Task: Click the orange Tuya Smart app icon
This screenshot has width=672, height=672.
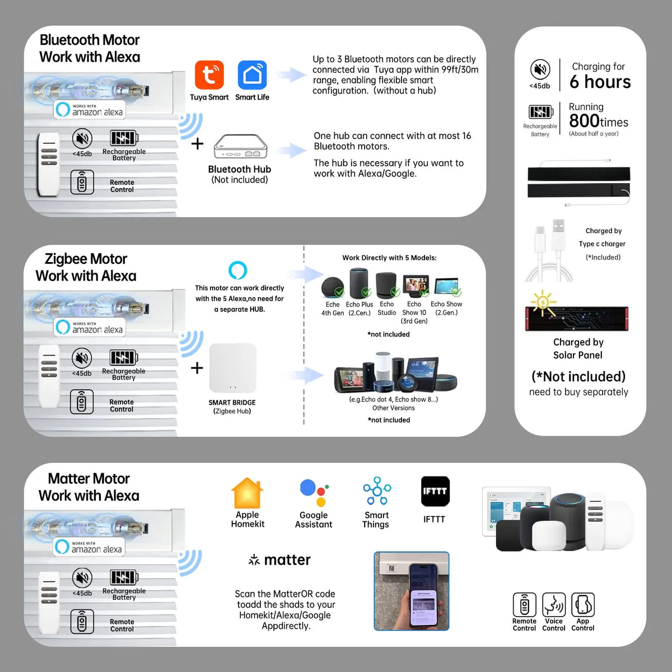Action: (x=209, y=75)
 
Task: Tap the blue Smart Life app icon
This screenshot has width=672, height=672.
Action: (x=252, y=75)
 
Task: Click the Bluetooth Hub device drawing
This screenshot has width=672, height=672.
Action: (x=240, y=147)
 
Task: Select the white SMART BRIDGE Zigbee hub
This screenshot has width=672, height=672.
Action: (x=232, y=368)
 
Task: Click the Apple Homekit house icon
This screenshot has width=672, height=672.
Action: (x=247, y=493)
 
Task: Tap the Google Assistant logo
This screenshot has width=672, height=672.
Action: (x=314, y=493)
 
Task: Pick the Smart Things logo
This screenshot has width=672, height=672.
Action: (x=377, y=492)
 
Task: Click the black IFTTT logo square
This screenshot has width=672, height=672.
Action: (x=435, y=491)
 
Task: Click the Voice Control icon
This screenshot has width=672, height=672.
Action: (x=554, y=605)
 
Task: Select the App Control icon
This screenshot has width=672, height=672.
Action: (x=582, y=605)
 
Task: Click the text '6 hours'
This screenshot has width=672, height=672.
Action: (x=600, y=82)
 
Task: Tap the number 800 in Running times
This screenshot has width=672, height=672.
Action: (x=584, y=121)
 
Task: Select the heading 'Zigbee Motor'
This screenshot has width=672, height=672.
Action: (x=86, y=259)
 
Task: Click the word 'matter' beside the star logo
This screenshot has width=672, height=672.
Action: (x=287, y=560)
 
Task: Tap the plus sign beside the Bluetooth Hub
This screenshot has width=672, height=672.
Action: (x=197, y=144)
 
